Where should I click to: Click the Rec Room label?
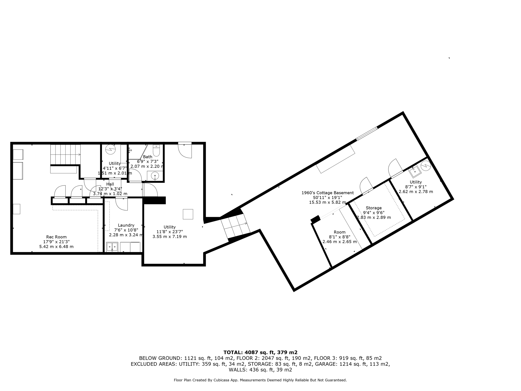[56, 237]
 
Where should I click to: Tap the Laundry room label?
[126, 225]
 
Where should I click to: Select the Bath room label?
[148, 157]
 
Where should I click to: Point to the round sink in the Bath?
[155, 176]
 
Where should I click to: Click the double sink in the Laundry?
[112, 247]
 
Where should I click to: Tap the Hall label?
[110, 184]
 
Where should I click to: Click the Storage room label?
[373, 208]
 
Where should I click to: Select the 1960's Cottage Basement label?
[327, 193]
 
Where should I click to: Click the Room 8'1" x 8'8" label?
[339, 232]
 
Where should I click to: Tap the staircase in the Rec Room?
[65, 154]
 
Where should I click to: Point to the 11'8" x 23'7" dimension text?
[169, 232]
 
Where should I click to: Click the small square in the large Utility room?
[188, 214]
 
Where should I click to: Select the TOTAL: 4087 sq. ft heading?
[260, 352]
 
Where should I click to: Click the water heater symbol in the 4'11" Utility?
[110, 149]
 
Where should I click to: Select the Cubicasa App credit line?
[260, 380]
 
